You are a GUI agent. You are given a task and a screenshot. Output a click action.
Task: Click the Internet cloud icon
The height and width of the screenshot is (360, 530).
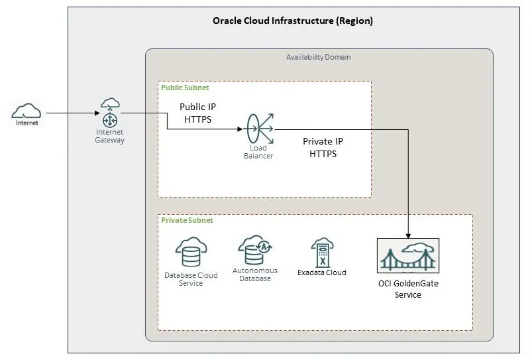point(26,110)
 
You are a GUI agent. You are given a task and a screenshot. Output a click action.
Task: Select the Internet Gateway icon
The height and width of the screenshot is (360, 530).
point(109,114)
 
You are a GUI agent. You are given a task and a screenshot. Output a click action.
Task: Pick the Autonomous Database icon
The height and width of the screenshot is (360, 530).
point(255,250)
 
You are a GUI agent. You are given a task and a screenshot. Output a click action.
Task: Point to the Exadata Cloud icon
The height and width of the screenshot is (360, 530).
point(322,253)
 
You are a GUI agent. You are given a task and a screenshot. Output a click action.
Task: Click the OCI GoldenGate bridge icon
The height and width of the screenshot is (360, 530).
point(407,255)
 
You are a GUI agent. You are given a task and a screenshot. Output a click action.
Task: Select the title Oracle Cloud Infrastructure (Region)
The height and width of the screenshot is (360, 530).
point(292,21)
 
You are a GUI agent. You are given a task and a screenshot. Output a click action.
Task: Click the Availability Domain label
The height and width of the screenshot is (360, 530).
point(319,57)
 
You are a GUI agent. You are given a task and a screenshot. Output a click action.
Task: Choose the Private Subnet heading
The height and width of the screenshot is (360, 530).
point(187,220)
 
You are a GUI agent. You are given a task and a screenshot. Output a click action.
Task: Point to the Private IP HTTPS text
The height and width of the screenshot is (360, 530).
point(323,147)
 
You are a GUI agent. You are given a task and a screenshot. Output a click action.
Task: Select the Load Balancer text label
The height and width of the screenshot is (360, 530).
point(258,152)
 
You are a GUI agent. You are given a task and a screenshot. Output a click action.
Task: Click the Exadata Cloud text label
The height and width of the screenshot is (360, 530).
point(322,272)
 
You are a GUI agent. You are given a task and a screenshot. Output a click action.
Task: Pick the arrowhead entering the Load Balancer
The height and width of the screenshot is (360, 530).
point(241,130)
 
